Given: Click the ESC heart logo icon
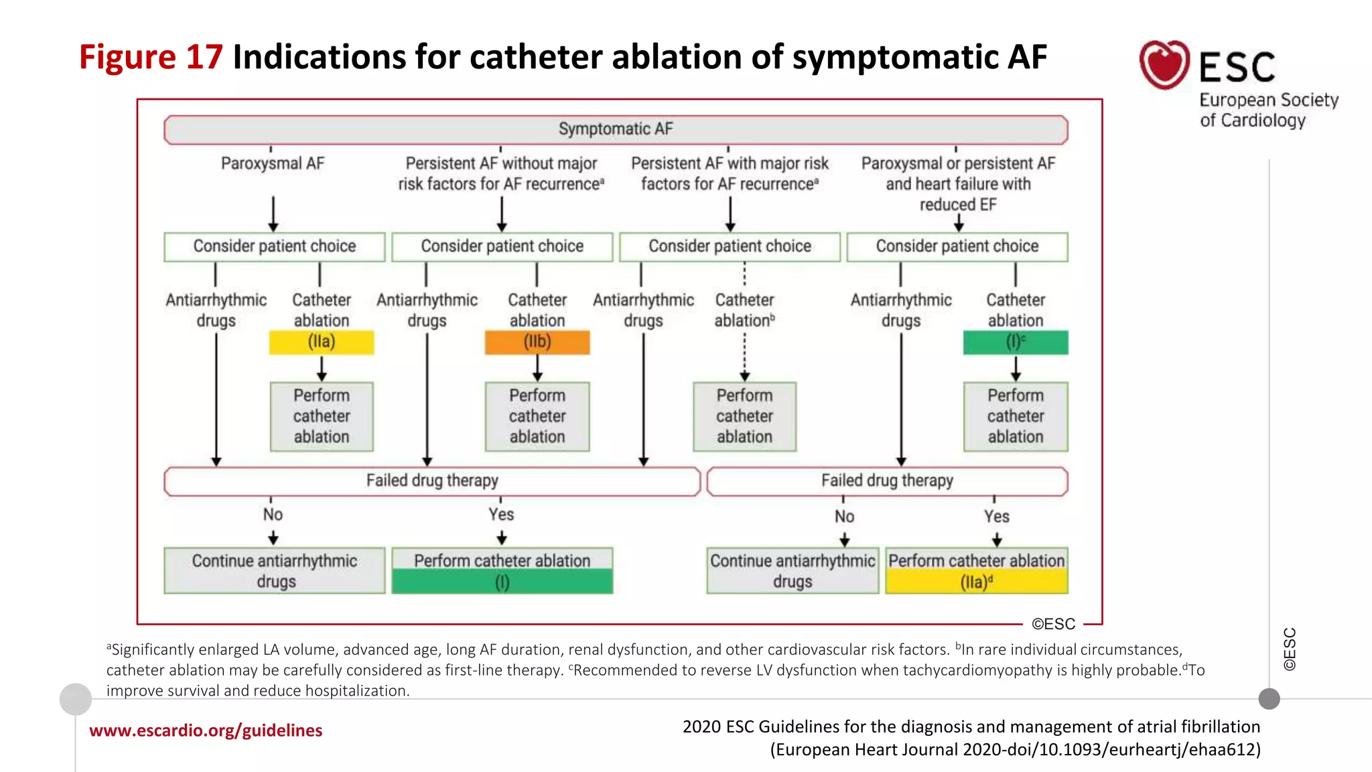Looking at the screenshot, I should [x=1164, y=65].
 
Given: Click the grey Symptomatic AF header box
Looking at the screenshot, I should [x=616, y=129].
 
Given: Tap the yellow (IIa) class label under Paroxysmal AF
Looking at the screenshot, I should [x=322, y=342].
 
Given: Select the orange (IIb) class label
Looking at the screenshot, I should [x=537, y=342].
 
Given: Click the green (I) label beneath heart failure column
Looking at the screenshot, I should [x=1016, y=342].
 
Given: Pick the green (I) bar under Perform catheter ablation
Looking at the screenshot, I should [x=502, y=582].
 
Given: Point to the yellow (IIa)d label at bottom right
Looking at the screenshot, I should [x=977, y=582].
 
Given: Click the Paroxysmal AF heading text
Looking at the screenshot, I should [x=273, y=164].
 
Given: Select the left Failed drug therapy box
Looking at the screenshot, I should [x=432, y=481].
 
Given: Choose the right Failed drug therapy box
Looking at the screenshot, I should [x=887, y=481].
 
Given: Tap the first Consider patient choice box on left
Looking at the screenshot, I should [x=275, y=247].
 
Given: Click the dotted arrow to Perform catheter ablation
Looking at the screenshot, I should [x=744, y=355].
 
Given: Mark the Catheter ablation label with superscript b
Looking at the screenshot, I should [x=744, y=310].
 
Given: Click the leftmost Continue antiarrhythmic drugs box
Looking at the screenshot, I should [x=275, y=570].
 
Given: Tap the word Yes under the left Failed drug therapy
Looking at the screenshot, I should [x=501, y=515].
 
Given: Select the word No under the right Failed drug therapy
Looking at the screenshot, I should [x=844, y=517].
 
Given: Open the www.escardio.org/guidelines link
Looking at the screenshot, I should [x=206, y=730].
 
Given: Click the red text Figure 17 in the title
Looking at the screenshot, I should [x=151, y=57].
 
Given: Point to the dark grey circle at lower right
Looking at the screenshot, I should [x=1269, y=699].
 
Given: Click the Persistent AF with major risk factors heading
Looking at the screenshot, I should [x=730, y=174].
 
